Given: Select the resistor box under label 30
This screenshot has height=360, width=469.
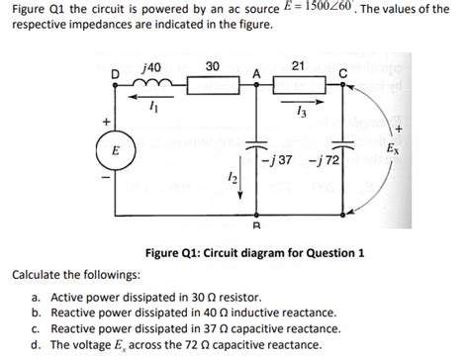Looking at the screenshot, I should pos(212,84).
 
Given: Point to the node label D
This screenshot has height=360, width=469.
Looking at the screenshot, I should pos(116,73).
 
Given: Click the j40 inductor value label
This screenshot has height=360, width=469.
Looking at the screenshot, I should pos(153,65).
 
